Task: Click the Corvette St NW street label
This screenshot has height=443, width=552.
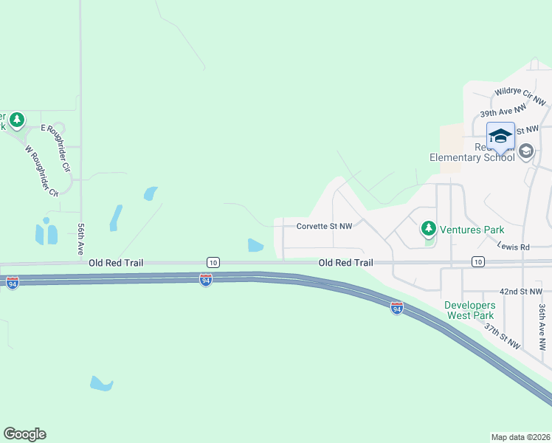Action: (x=323, y=227)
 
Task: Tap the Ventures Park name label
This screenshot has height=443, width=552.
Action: (x=472, y=230)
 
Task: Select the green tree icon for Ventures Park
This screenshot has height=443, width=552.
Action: (x=429, y=229)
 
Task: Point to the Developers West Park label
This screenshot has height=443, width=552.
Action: (x=469, y=310)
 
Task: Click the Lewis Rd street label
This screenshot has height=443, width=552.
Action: (x=514, y=246)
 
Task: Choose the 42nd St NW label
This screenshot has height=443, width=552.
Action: (x=520, y=292)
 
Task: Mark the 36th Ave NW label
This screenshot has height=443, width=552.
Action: (x=542, y=326)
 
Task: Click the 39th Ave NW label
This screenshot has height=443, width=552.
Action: (x=503, y=111)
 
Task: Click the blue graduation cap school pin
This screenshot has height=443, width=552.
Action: (x=500, y=136)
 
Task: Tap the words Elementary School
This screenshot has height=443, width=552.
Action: (x=472, y=157)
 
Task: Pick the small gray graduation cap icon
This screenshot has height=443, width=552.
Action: (x=526, y=152)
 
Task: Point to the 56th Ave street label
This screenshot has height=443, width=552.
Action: (x=80, y=241)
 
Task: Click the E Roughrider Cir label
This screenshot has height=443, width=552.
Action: (x=55, y=139)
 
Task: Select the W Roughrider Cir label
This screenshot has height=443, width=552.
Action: (x=41, y=171)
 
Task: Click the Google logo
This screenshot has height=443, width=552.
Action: (x=24, y=434)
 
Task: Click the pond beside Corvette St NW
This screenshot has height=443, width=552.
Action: (x=255, y=245)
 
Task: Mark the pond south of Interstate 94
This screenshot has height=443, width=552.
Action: (x=101, y=383)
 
